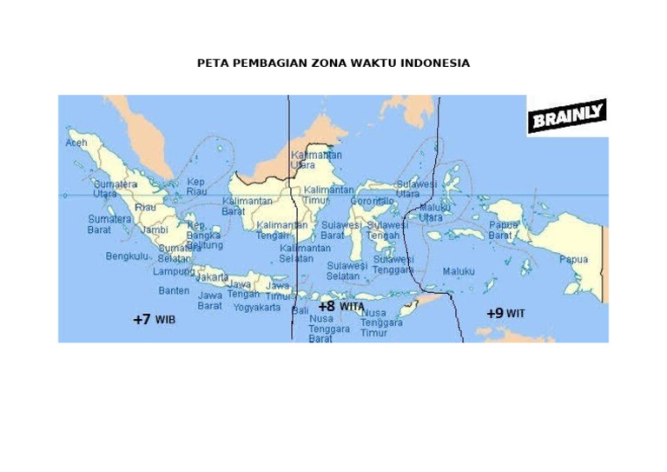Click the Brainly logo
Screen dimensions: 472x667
point(566,116)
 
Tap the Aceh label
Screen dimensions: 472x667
point(76,141)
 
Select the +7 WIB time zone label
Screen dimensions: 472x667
point(154,320)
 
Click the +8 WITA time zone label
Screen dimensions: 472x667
point(340,307)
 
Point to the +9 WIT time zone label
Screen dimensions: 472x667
point(505,313)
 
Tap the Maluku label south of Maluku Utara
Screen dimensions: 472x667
point(459,271)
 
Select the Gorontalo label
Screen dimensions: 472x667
point(372,201)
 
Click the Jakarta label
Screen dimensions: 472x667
point(212,277)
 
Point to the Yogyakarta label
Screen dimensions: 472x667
point(256,307)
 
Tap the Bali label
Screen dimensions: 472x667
point(300,310)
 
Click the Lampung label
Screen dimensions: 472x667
point(174,271)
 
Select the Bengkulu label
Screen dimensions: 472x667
point(127,256)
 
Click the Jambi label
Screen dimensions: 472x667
point(155,230)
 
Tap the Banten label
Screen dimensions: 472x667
point(174,290)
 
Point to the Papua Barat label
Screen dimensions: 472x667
point(502,229)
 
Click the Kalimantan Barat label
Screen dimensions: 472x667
point(247,206)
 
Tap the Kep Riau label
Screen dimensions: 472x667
point(196,187)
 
